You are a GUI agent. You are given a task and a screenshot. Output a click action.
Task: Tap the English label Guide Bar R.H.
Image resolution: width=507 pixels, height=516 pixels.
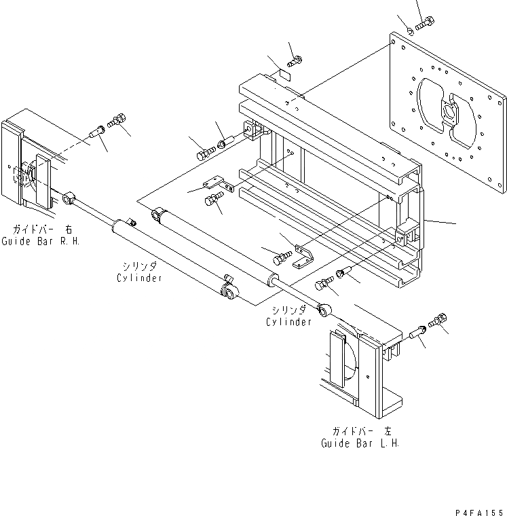click(40, 241)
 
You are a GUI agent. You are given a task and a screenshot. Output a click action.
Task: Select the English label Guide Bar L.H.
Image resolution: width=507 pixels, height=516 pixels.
click(360, 443)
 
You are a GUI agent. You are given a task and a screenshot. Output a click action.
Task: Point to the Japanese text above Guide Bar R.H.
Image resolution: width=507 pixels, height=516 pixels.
click(40, 229)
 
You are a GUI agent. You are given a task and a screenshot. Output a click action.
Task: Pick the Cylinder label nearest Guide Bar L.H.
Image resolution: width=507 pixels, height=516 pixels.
click(288, 321)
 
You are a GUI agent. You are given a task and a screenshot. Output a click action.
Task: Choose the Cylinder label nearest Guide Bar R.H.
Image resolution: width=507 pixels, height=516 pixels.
click(139, 278)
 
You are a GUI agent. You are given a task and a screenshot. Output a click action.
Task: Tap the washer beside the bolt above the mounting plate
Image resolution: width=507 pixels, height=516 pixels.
click(411, 30)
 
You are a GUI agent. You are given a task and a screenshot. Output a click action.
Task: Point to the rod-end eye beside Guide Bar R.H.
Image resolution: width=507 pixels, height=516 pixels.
click(69, 198)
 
